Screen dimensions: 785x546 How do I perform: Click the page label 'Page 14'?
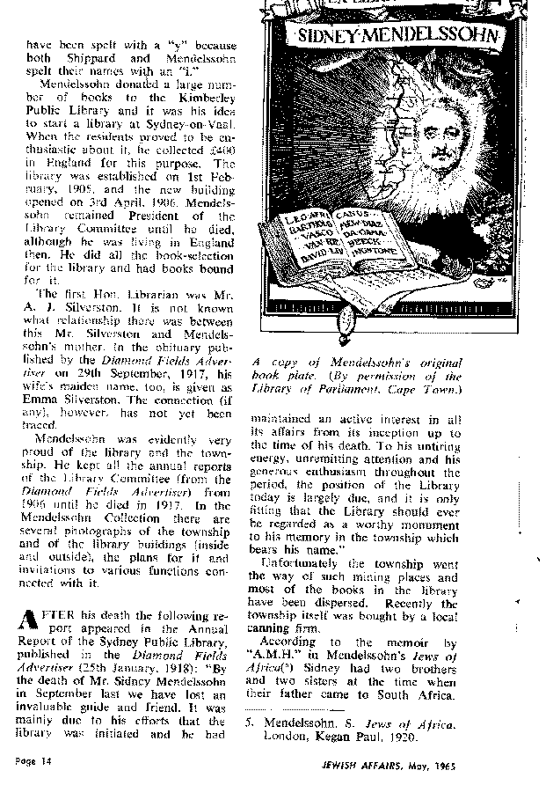click(x=33, y=759)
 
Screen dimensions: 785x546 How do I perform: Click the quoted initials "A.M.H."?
click(x=274, y=655)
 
